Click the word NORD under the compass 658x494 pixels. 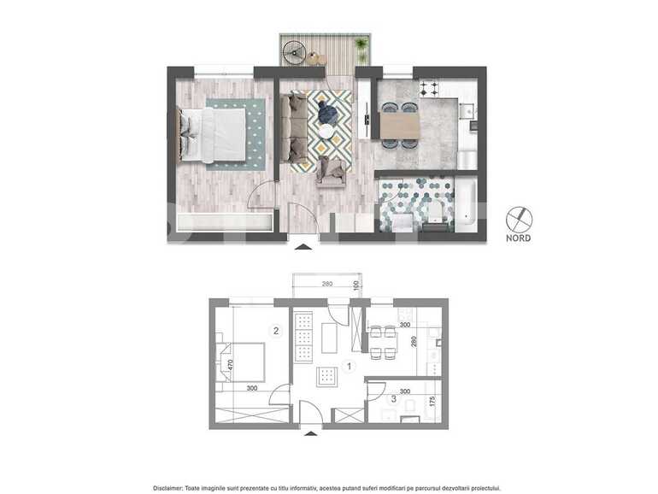click(x=518, y=238)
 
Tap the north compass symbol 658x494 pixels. click(x=518, y=219)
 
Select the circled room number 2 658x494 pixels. click(x=275, y=330)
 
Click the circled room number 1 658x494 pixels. click(x=349, y=367)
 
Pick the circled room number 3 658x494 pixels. click(x=393, y=397)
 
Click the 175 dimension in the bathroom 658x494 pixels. click(x=434, y=401)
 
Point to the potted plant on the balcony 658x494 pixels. click(x=361, y=44)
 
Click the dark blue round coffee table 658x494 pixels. click(x=327, y=112)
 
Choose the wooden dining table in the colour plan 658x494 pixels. click(x=400, y=126)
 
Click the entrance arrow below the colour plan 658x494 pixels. click(x=303, y=248)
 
